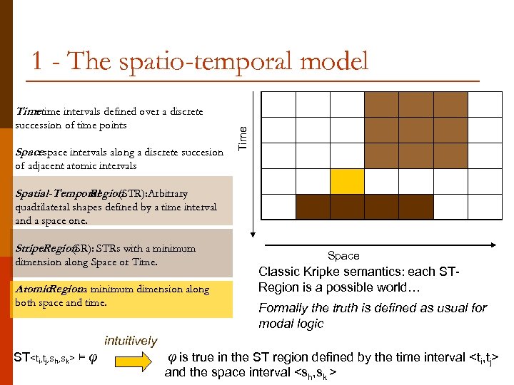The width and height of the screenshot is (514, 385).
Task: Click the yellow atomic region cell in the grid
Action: click(x=347, y=181)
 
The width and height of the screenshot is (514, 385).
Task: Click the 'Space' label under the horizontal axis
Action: click(x=343, y=255)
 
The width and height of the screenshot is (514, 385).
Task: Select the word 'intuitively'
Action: click(x=131, y=341)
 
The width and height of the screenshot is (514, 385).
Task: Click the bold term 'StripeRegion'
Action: click(x=42, y=249)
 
